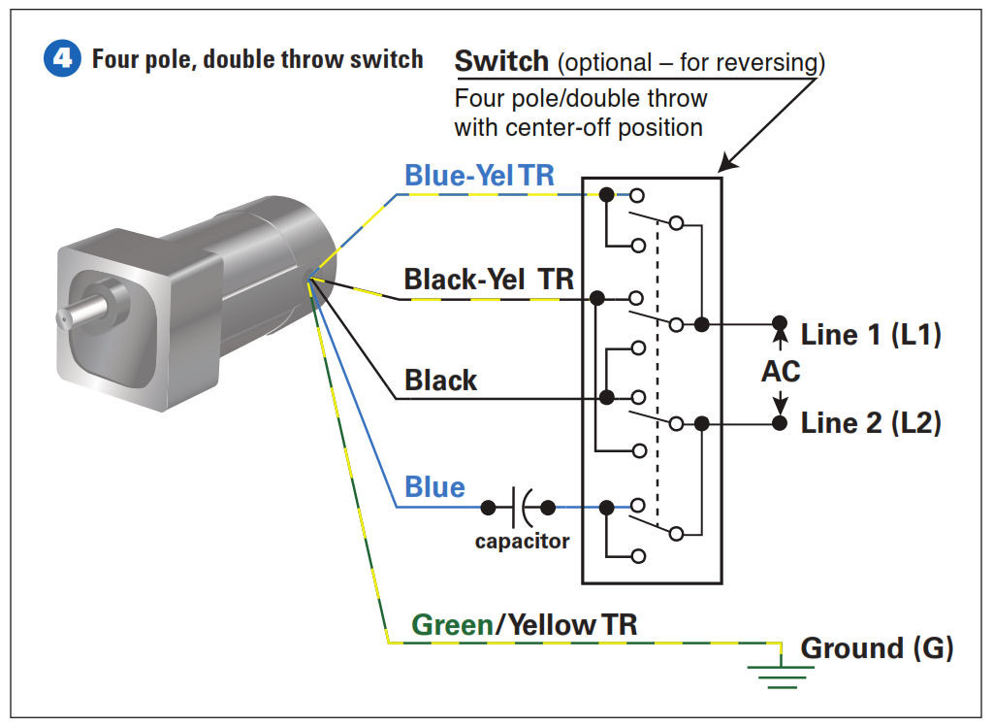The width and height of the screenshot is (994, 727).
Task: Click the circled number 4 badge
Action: point(62,58)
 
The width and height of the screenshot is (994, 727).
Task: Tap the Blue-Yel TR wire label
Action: point(479,175)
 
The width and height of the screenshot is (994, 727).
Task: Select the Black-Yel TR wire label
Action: point(489,280)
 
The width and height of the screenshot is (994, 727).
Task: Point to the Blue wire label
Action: point(434,487)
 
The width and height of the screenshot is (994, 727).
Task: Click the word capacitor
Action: point(523,542)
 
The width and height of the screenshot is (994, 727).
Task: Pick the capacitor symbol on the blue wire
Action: point(524,508)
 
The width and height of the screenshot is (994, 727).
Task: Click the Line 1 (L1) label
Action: point(871,334)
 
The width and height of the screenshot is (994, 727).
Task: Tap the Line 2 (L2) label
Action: point(871,422)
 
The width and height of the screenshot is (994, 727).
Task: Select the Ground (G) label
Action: point(877,647)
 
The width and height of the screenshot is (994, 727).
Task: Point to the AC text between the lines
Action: point(781,371)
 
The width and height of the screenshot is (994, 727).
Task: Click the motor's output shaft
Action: point(81,313)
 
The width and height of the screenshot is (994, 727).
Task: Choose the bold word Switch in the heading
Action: point(501,61)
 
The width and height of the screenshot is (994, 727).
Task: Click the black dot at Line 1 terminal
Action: point(780,323)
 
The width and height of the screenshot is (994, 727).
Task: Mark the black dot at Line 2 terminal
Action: point(780,423)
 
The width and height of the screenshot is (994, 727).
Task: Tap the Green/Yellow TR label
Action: point(525,625)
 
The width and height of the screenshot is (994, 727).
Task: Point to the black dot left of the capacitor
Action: point(488,508)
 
